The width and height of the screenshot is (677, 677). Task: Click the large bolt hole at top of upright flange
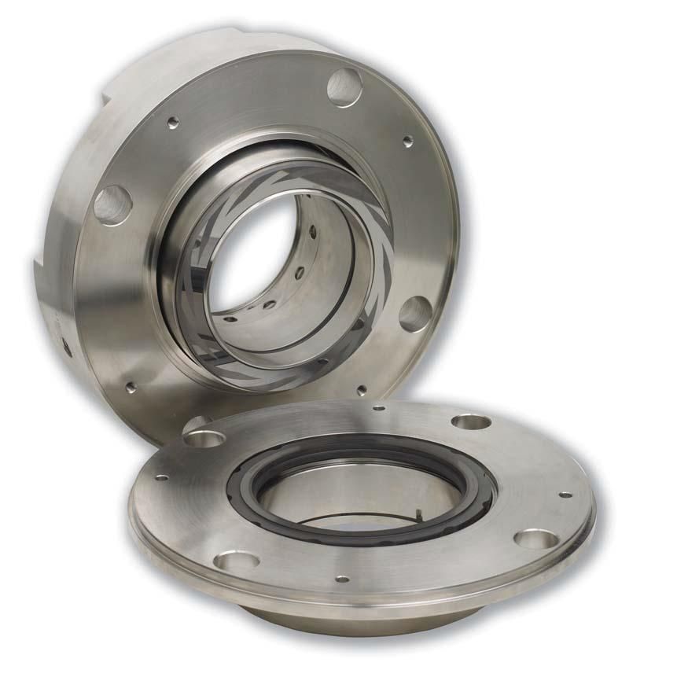(344, 86)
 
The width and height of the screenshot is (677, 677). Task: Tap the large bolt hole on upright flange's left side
(112, 204)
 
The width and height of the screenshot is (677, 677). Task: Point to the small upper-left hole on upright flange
(173, 121)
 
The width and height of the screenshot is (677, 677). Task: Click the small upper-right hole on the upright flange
(407, 142)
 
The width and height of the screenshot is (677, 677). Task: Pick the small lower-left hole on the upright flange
(131, 386)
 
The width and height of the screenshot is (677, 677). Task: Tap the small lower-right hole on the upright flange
(361, 389)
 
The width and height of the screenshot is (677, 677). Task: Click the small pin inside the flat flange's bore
(422, 515)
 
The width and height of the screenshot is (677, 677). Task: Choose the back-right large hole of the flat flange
(471, 421)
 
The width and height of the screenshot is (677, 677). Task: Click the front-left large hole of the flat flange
(236, 561)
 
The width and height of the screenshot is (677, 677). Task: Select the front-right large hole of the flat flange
(535, 539)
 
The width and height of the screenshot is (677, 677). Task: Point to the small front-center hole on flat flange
(342, 579)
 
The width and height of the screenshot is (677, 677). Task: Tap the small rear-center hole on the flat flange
(378, 408)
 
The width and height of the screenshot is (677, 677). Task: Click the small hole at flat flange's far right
(565, 495)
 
